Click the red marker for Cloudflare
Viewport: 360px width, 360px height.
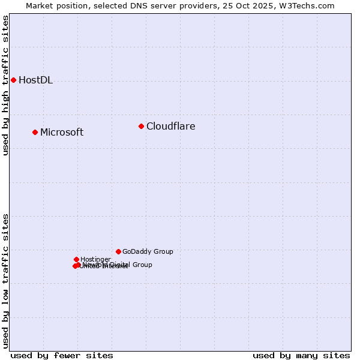pos(142,126)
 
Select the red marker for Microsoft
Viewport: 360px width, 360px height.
pos(35,132)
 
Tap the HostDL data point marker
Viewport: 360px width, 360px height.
pos(13,80)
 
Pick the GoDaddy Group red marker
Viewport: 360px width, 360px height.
pos(118,251)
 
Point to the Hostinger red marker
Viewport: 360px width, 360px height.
pos(76,259)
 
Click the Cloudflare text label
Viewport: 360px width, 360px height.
pos(170,127)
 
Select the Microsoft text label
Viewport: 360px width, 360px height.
pos(62,133)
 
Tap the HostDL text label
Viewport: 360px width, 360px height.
pos(35,80)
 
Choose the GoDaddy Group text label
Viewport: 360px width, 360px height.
pos(148,252)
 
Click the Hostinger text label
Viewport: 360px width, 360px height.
pos(95,259)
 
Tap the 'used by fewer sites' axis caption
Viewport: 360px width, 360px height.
pos(62,356)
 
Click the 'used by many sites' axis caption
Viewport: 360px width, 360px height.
pos(301,356)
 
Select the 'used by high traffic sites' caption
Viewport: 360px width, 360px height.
pos(5,85)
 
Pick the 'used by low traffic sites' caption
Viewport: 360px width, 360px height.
pos(5,280)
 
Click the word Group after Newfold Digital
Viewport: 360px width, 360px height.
pos(142,265)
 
